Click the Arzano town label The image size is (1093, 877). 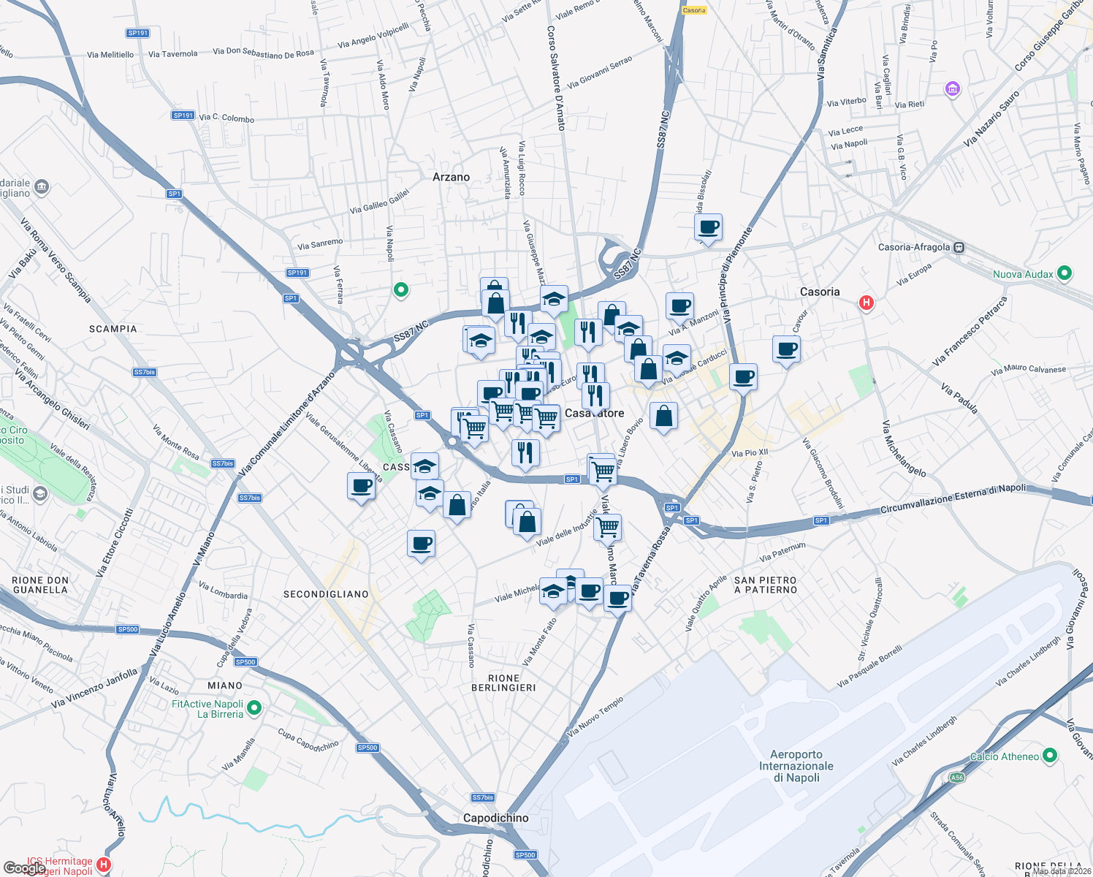point(451,177)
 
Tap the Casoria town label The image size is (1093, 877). point(820,292)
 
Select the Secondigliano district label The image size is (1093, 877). point(326,594)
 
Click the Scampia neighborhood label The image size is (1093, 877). point(113,329)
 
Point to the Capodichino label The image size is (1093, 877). point(495,818)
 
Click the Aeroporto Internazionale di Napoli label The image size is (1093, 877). point(796,766)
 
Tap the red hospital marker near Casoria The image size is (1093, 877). point(866,302)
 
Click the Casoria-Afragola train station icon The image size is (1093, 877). point(959,248)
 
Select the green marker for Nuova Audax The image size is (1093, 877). point(1065,273)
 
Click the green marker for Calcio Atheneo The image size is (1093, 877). point(1050,755)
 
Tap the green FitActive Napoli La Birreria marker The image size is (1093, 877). point(254,707)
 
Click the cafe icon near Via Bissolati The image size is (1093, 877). point(708,227)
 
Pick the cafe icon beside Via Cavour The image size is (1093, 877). point(786,349)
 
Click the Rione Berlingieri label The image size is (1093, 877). point(503,683)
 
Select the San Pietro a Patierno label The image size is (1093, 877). point(766,585)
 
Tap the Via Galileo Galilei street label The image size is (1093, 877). point(379,202)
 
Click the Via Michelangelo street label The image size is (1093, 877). point(903,449)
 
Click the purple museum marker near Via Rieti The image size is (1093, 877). point(952,89)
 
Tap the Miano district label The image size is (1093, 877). point(225,686)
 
